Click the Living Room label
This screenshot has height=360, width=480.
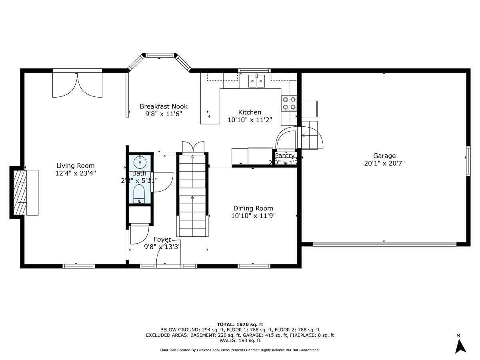click(x=75, y=166)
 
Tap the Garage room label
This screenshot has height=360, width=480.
click(x=384, y=156)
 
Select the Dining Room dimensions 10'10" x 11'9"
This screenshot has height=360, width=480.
click(x=253, y=216)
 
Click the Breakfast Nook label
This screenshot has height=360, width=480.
click(x=164, y=106)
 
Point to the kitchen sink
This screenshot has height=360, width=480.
click(x=256, y=81)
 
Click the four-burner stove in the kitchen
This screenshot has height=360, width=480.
click(x=289, y=103)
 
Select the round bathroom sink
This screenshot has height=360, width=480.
click(x=140, y=162)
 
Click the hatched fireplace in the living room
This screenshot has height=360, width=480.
click(x=20, y=192)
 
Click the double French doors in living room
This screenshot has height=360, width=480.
click(x=78, y=84)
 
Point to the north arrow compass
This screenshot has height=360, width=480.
click(x=461, y=345)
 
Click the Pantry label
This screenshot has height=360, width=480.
click(x=285, y=156)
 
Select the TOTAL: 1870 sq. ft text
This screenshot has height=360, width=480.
click(x=240, y=324)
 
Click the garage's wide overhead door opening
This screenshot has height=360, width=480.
click(x=384, y=244)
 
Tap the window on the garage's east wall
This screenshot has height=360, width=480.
click(x=468, y=161)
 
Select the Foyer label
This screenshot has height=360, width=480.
click(x=162, y=239)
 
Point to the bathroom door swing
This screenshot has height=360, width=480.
click(x=162, y=182)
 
